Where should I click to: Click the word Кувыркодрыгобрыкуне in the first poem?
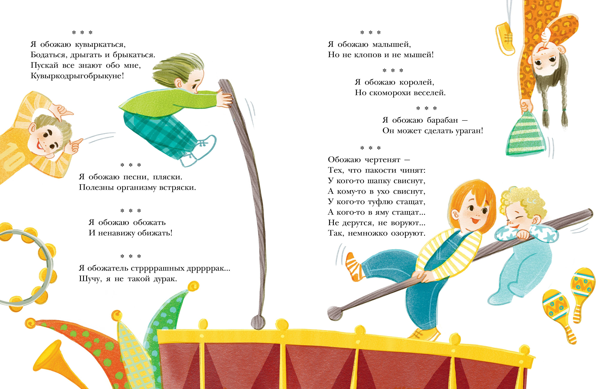[77, 76]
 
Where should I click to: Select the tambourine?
[25, 268]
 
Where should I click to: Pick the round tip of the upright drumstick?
[258, 322]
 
